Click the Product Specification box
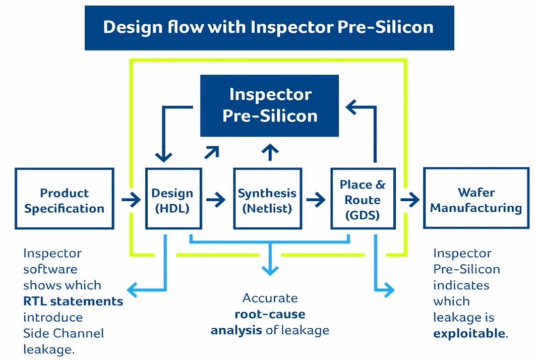tap(64, 200)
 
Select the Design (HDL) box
tap(173, 200)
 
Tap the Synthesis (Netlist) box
tap(267, 200)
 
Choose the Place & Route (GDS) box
tap(363, 200)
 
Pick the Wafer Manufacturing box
tap(475, 200)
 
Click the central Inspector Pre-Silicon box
tap(270, 105)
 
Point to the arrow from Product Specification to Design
tap(131, 200)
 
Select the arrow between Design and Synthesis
tap(216, 200)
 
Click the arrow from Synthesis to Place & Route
tap(316, 200)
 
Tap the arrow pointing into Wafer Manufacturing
tap(410, 200)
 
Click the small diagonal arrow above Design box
tap(212, 152)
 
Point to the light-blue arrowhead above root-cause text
tap(270, 268)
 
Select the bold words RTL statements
tap(73, 302)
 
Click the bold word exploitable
tap(469, 333)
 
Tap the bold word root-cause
tap(270, 314)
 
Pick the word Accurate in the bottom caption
tap(270, 298)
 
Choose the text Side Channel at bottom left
tap(64, 333)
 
